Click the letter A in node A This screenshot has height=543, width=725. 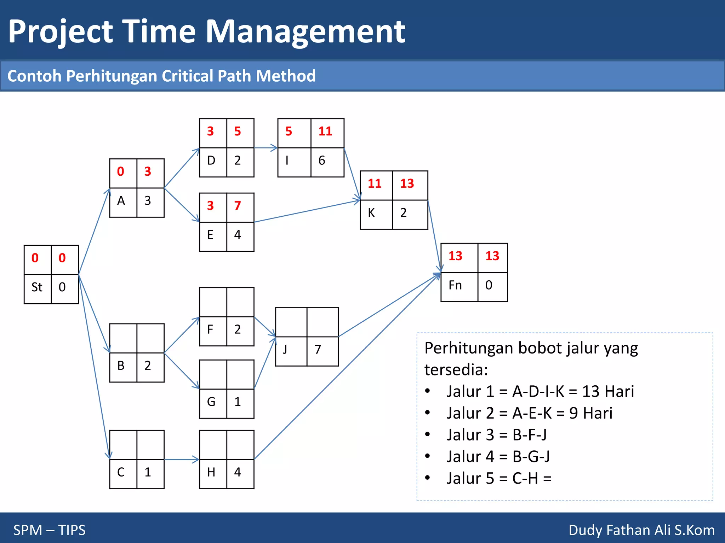(x=121, y=201)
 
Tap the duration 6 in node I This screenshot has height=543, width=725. (x=321, y=160)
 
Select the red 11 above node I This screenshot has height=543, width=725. (x=325, y=132)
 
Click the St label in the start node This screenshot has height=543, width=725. (x=37, y=287)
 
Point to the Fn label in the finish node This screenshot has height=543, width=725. (x=455, y=285)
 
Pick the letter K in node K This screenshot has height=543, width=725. (x=371, y=213)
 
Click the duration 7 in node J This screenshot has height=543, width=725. (x=318, y=350)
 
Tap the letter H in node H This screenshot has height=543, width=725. (x=211, y=472)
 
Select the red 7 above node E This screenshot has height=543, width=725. (x=237, y=206)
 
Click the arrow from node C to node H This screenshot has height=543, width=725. (x=181, y=460)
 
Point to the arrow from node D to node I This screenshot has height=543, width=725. (x=266, y=148)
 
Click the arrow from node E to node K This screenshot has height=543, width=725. (x=307, y=211)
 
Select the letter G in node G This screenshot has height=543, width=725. (x=211, y=402)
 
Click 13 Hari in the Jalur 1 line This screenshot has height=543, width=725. (x=608, y=392)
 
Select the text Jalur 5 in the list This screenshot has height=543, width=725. (x=470, y=479)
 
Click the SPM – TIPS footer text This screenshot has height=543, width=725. (x=50, y=530)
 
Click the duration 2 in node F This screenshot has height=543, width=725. (x=237, y=329)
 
